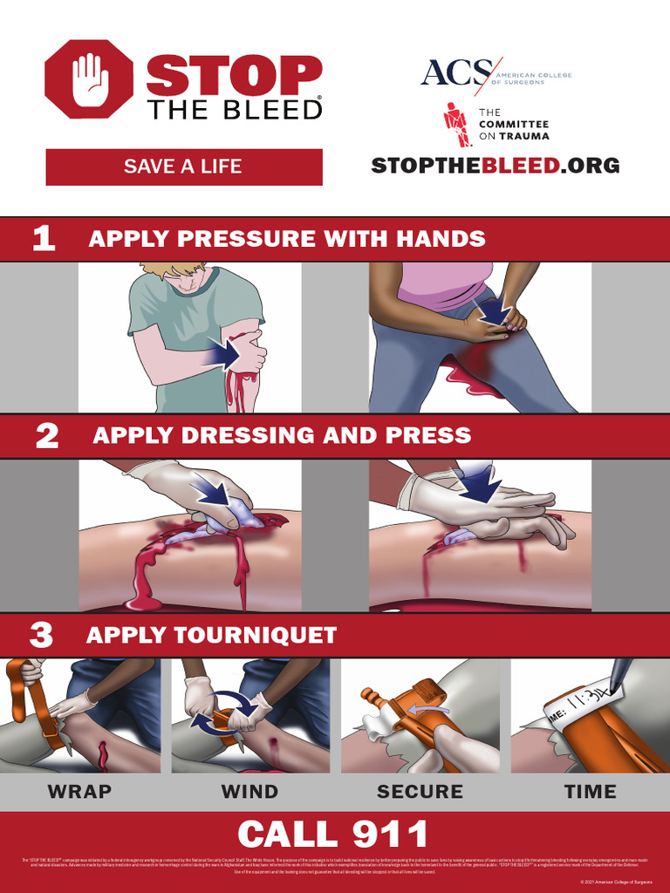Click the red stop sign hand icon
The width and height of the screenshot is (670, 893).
click(88, 79)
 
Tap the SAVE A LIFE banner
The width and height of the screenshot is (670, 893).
click(183, 167)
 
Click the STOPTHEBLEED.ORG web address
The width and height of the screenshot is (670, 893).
click(495, 166)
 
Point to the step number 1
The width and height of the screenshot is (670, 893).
click(44, 239)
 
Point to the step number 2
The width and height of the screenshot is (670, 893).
click(46, 436)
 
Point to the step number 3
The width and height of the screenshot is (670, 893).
click(42, 635)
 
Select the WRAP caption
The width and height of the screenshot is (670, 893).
click(80, 792)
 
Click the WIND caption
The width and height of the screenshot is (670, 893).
click(250, 792)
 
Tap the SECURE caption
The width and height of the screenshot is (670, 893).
click(420, 792)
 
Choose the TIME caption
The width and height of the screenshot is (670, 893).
click(590, 792)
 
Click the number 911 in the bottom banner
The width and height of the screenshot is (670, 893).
click(390, 835)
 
